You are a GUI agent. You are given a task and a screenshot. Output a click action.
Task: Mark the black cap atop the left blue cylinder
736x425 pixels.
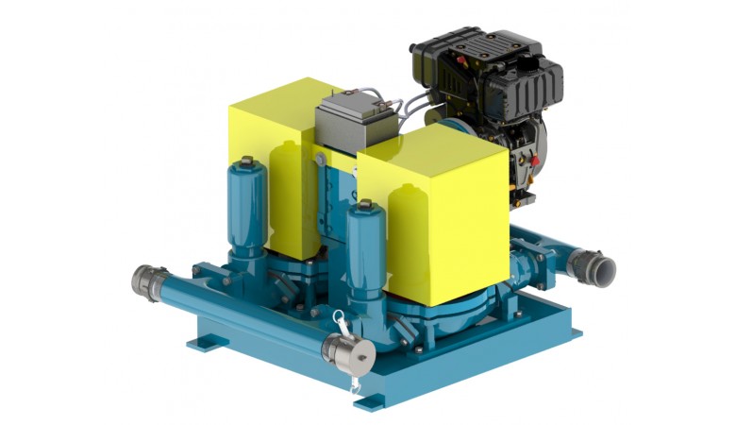click(x=247, y=162)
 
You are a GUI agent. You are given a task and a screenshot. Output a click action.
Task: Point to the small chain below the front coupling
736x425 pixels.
click(x=355, y=383)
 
